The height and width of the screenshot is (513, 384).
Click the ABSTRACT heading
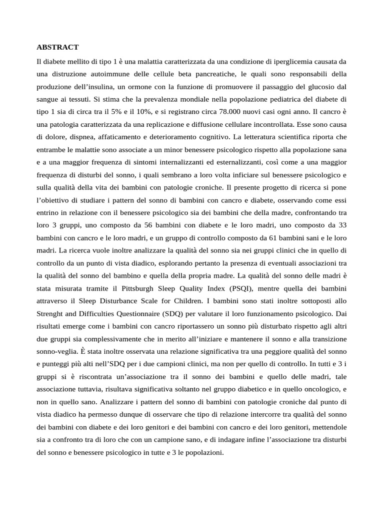(x=57, y=48)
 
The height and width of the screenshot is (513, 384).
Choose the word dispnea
(x=84, y=137)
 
